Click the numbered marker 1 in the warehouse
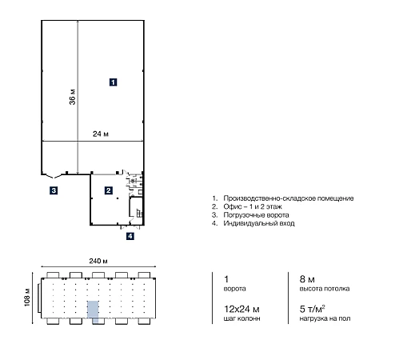(113, 82)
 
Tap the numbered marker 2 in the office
(108, 190)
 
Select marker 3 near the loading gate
(54, 190)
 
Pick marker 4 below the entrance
(130, 236)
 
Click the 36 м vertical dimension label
(72, 97)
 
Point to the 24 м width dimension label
(101, 134)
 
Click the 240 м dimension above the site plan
(98, 261)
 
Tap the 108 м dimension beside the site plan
(27, 298)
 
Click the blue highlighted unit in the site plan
(93, 311)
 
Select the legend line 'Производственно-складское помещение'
(289, 198)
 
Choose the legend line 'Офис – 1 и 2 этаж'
(253, 206)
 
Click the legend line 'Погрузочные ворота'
(256, 215)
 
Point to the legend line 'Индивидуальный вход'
(259, 223)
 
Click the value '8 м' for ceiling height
(307, 279)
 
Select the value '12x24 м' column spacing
(241, 309)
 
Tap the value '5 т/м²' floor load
(312, 309)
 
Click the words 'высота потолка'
(325, 289)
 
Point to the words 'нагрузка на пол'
(325, 318)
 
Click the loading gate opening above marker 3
(54, 175)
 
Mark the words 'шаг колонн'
(241, 318)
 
